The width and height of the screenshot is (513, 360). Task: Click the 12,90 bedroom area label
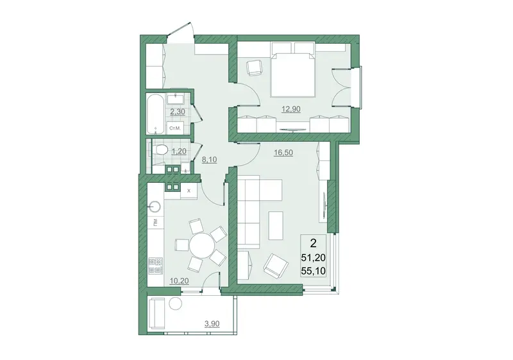(x=291, y=109)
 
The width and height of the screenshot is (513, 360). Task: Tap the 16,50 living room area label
(x=283, y=153)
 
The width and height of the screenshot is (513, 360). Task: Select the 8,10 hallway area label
(x=210, y=160)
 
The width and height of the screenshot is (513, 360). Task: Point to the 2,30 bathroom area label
(x=178, y=112)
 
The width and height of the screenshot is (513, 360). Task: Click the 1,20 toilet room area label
(x=179, y=151)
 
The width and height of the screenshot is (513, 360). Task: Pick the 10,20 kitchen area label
(x=180, y=280)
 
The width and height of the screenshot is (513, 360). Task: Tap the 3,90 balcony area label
(x=212, y=324)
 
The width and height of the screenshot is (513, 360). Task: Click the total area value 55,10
(x=314, y=271)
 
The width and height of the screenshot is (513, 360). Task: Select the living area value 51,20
(x=314, y=258)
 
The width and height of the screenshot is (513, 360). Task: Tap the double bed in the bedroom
(x=293, y=74)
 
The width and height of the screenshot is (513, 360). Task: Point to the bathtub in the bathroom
(x=155, y=114)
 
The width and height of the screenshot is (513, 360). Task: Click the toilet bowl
(x=160, y=151)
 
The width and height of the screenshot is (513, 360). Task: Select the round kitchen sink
(x=155, y=206)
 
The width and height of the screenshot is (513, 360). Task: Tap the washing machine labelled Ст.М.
(x=175, y=128)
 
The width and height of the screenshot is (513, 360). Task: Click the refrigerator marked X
(x=189, y=191)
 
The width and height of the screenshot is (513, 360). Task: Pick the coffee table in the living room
(x=276, y=225)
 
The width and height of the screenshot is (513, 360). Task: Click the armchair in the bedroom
(x=254, y=68)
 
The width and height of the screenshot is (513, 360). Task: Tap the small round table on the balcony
(x=175, y=304)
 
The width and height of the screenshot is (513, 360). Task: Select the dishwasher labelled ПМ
(x=155, y=223)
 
